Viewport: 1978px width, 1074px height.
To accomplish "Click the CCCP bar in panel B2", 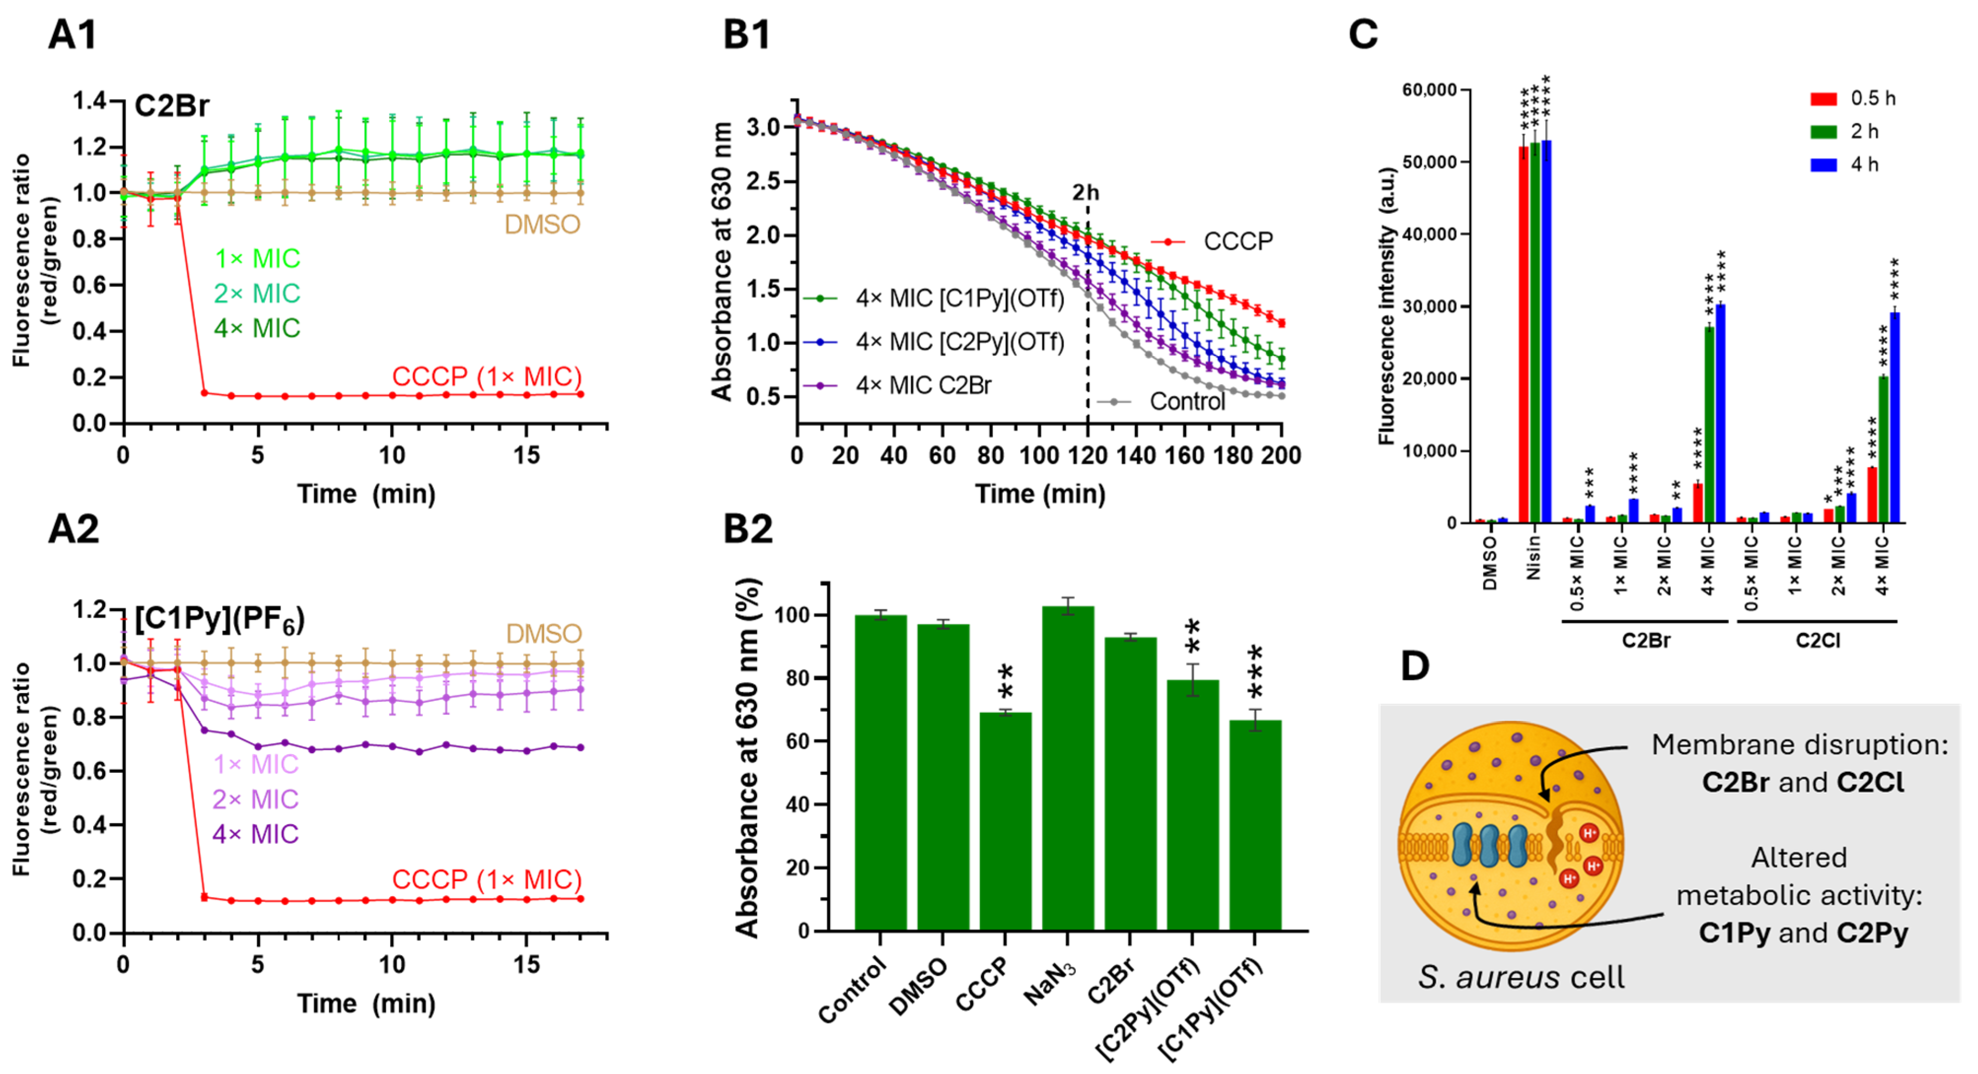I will click(x=1005, y=822).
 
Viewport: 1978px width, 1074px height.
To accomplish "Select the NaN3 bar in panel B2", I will click(x=1067, y=768).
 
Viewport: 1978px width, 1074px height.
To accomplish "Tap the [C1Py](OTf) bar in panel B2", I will click(x=1255, y=825).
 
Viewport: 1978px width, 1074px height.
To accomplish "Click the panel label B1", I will click(x=746, y=35).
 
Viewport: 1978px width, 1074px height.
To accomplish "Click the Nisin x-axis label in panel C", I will click(x=1533, y=557).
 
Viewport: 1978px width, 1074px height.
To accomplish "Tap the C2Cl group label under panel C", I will click(x=1818, y=640).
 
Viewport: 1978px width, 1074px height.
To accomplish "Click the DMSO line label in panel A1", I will click(x=542, y=224).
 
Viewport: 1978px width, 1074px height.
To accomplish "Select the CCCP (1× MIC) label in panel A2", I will click(x=487, y=879).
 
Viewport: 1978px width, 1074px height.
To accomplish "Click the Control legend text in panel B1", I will click(x=1187, y=402).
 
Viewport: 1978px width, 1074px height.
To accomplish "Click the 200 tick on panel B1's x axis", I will click(x=1281, y=455).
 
